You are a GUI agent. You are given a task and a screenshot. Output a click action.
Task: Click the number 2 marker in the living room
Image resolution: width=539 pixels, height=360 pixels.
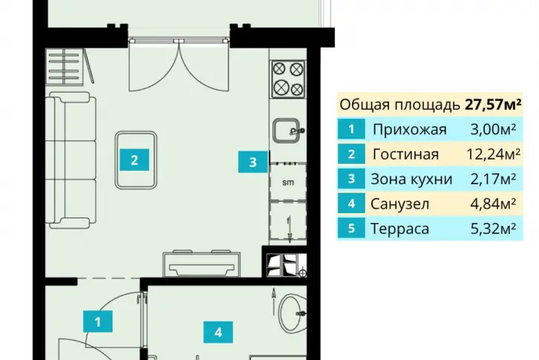pos(134,160)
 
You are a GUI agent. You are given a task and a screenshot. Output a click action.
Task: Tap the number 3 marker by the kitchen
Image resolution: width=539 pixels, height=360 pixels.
pos(253,162)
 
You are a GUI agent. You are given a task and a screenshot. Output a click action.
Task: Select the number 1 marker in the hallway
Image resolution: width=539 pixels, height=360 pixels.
pos(98,321)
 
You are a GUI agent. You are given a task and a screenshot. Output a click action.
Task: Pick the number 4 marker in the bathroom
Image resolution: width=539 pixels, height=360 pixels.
pos(218,332)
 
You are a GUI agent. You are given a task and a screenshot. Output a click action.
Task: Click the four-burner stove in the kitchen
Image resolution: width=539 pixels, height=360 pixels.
pos(288,79)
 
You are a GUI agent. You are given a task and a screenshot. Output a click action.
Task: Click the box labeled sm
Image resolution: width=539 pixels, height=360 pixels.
pos(288,183)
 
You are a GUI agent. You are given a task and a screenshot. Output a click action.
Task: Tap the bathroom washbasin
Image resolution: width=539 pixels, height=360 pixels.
pos(293,313)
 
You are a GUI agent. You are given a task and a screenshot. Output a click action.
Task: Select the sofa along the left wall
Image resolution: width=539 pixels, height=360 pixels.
pos(71,160)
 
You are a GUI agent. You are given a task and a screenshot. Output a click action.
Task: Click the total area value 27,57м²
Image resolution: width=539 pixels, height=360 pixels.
pos(493,104)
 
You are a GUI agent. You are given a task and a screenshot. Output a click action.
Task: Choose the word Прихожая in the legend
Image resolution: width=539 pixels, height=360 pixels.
pos(409,130)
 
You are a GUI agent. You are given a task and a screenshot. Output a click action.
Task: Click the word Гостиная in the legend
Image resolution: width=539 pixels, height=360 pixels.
pos(405,154)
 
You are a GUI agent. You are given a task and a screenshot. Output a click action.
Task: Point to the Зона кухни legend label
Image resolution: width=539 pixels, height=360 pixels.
pos(411,179)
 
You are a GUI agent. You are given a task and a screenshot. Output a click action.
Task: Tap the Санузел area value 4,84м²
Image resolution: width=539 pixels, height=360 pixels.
pos(493,203)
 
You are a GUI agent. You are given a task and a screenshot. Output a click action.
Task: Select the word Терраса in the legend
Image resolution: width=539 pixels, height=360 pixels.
pos(399,229)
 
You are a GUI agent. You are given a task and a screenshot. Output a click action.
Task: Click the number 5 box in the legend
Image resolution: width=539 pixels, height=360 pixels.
pos(351,229)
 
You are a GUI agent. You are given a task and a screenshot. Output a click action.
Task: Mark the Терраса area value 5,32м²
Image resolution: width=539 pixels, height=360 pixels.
pos(493,229)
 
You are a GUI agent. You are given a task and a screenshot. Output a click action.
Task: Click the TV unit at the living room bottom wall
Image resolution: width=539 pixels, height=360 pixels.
pos(202,264)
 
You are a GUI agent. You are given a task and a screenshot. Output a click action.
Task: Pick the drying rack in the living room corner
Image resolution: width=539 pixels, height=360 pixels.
pos(70,66)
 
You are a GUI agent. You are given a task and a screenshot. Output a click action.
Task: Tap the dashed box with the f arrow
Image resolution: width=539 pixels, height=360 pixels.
pos(288,222)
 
